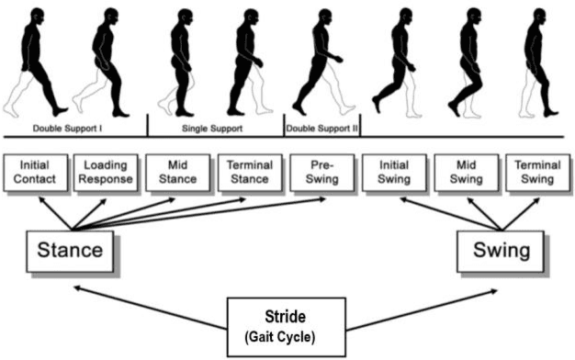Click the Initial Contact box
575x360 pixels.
pyautogui.click(x=38, y=172)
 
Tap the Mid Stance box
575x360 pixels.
pyautogui.click(x=178, y=172)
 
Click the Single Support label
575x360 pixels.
pyautogui.click(x=216, y=128)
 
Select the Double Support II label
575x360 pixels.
pyautogui.click(x=321, y=128)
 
